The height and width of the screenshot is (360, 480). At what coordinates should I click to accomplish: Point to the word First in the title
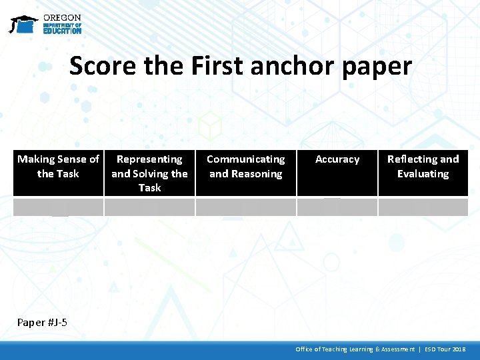point(219,66)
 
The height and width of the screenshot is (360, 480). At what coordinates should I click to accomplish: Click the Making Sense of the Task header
point(58,167)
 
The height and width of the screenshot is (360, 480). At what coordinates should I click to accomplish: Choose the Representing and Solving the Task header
point(149,173)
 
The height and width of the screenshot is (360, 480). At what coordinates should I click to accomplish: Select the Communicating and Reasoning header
point(245,167)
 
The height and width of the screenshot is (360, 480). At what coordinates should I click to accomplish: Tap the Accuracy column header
point(337,159)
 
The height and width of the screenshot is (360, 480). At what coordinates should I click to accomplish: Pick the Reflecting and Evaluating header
point(423,167)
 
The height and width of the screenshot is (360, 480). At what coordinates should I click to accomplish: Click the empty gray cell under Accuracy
point(337,207)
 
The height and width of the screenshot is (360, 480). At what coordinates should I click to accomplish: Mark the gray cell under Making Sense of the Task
point(58,207)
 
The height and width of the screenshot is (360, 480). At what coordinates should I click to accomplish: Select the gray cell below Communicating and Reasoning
point(245,207)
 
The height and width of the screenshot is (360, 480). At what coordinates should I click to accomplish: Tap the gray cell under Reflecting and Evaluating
point(423,207)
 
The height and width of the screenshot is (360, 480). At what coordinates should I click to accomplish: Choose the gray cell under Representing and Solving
point(149,207)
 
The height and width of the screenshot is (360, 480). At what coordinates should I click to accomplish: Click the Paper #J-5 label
point(42,323)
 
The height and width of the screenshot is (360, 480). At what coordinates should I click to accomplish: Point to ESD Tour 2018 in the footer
point(445,349)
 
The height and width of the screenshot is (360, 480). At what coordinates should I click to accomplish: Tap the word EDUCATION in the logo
point(62,31)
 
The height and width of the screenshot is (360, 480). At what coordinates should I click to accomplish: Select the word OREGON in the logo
point(62,17)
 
